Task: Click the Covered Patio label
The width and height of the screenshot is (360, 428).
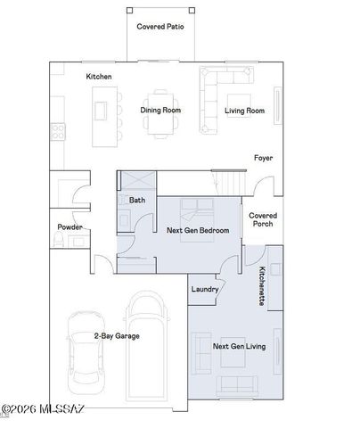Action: click(160, 27)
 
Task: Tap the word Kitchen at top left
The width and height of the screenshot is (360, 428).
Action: click(98, 78)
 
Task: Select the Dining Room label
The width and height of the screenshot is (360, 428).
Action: click(160, 111)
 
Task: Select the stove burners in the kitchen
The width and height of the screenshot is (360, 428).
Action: click(57, 130)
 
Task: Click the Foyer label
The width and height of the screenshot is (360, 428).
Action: click(262, 158)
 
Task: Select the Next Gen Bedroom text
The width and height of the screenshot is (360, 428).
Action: click(198, 231)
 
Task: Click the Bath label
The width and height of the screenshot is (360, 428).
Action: click(136, 201)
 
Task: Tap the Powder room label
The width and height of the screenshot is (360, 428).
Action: click(70, 227)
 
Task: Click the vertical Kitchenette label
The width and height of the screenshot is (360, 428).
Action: click(261, 287)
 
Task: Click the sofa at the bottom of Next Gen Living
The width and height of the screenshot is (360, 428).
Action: click(235, 386)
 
